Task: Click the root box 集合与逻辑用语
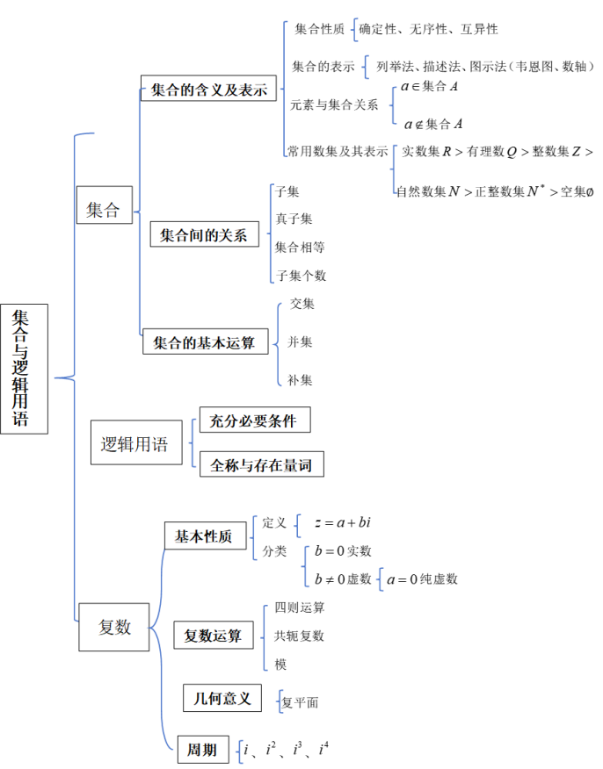pyautogui.click(x=24, y=369)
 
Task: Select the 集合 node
pyautogui.click(x=104, y=210)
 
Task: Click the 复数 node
pyautogui.click(x=114, y=627)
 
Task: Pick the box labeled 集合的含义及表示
pyautogui.click(x=208, y=90)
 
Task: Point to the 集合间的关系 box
pyautogui.click(x=205, y=235)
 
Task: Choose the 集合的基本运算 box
pyautogui.click(x=205, y=342)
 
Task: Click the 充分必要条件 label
pyautogui.click(x=254, y=420)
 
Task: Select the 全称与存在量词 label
pyautogui.click(x=261, y=465)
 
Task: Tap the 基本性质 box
pyautogui.click(x=204, y=536)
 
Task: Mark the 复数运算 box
pyautogui.click(x=214, y=636)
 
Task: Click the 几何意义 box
pyautogui.click(x=222, y=698)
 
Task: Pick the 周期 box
pyautogui.click(x=202, y=750)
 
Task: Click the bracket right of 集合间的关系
pyautogui.click(x=271, y=234)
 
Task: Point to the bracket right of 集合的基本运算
pyautogui.click(x=279, y=344)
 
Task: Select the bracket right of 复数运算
pyautogui.click(x=265, y=638)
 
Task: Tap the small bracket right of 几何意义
pyautogui.click(x=280, y=701)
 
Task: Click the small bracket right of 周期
pyautogui.click(x=240, y=751)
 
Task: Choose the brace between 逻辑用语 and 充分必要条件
pyautogui.click(x=193, y=443)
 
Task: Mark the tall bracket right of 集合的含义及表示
pyautogui.click(x=285, y=88)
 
